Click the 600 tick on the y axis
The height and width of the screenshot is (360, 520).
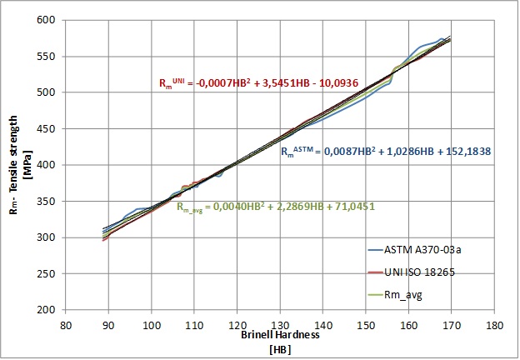coord(51,20)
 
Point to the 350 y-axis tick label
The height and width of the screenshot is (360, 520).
coord(51,201)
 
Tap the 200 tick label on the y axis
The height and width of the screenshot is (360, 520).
coord(51,310)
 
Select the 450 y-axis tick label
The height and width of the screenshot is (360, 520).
coord(51,128)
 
